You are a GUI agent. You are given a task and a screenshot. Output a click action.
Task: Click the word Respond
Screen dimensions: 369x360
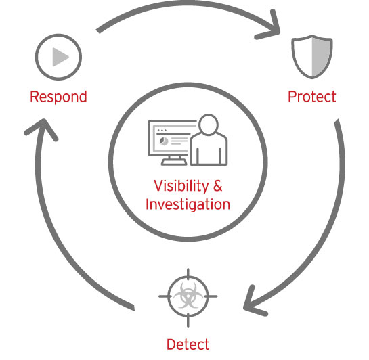(x=58, y=97)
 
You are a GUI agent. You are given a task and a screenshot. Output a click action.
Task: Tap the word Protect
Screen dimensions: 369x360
(x=312, y=96)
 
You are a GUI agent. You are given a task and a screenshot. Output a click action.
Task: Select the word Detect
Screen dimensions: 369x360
(x=188, y=344)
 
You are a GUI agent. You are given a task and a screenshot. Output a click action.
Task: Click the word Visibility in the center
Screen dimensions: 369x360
(x=181, y=186)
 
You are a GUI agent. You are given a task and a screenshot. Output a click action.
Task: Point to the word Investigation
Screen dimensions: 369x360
(x=188, y=204)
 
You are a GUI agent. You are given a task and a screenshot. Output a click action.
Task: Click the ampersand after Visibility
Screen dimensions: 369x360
(x=218, y=186)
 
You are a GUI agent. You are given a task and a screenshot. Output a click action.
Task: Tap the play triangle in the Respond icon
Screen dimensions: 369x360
(x=60, y=57)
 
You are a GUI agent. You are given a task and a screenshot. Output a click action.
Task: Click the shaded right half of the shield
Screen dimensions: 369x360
(x=322, y=57)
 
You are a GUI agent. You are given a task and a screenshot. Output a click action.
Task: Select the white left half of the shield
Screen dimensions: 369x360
(x=303, y=56)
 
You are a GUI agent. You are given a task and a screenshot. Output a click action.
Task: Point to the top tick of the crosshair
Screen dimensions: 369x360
(x=188, y=274)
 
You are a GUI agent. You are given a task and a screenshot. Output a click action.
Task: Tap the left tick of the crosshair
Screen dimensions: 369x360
(x=165, y=296)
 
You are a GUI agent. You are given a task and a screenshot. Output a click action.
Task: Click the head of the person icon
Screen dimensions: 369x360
(x=209, y=125)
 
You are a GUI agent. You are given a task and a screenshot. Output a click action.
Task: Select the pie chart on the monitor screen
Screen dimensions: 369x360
(x=164, y=141)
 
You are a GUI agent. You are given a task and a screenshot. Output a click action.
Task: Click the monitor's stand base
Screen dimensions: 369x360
(x=174, y=162)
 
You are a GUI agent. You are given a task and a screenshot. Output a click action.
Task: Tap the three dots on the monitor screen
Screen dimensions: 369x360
(x=162, y=130)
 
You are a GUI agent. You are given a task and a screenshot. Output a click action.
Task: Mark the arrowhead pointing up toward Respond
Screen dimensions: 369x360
(x=42, y=129)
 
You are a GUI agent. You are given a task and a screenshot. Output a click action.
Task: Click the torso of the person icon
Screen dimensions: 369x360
(x=209, y=150)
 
